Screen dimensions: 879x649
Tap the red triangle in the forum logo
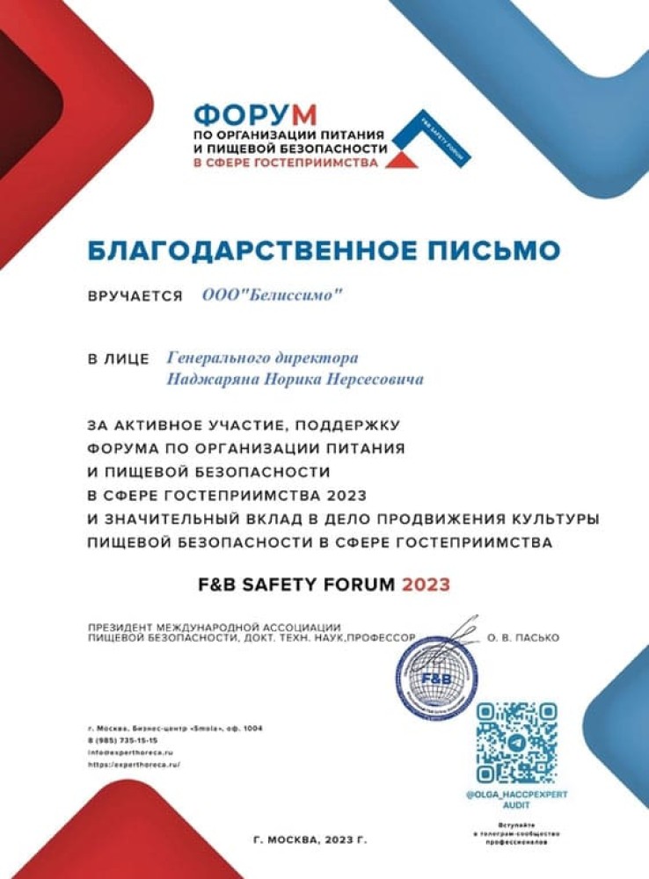tap(402, 160)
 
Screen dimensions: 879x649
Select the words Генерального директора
tap(262, 359)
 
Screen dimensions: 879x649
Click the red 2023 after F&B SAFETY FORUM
tap(426, 585)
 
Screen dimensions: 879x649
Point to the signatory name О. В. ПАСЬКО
tap(522, 637)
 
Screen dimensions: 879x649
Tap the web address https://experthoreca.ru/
tap(134, 766)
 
